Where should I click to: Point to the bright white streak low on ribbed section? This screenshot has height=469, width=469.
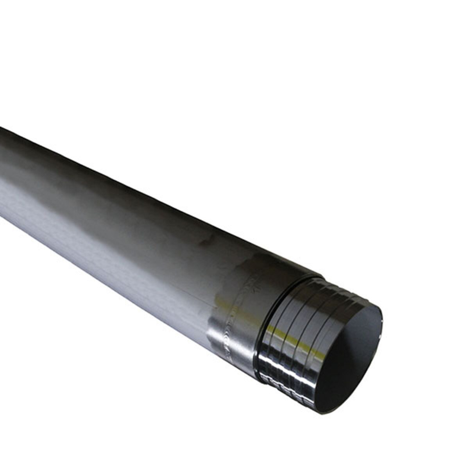tap(274, 375)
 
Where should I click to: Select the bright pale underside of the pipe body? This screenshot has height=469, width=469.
tap(98, 250)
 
